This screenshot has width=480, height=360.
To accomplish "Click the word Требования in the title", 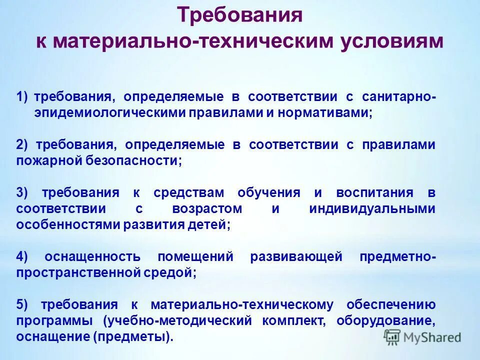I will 240,15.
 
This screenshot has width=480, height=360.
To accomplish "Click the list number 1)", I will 23,96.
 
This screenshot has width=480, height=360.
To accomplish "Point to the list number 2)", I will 23,144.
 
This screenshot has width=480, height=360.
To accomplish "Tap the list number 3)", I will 23,193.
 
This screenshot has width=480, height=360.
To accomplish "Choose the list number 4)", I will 23,257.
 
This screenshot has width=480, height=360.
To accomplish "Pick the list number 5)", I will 23,304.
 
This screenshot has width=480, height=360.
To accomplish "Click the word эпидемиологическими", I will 109,113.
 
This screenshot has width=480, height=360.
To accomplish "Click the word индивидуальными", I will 372,209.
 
